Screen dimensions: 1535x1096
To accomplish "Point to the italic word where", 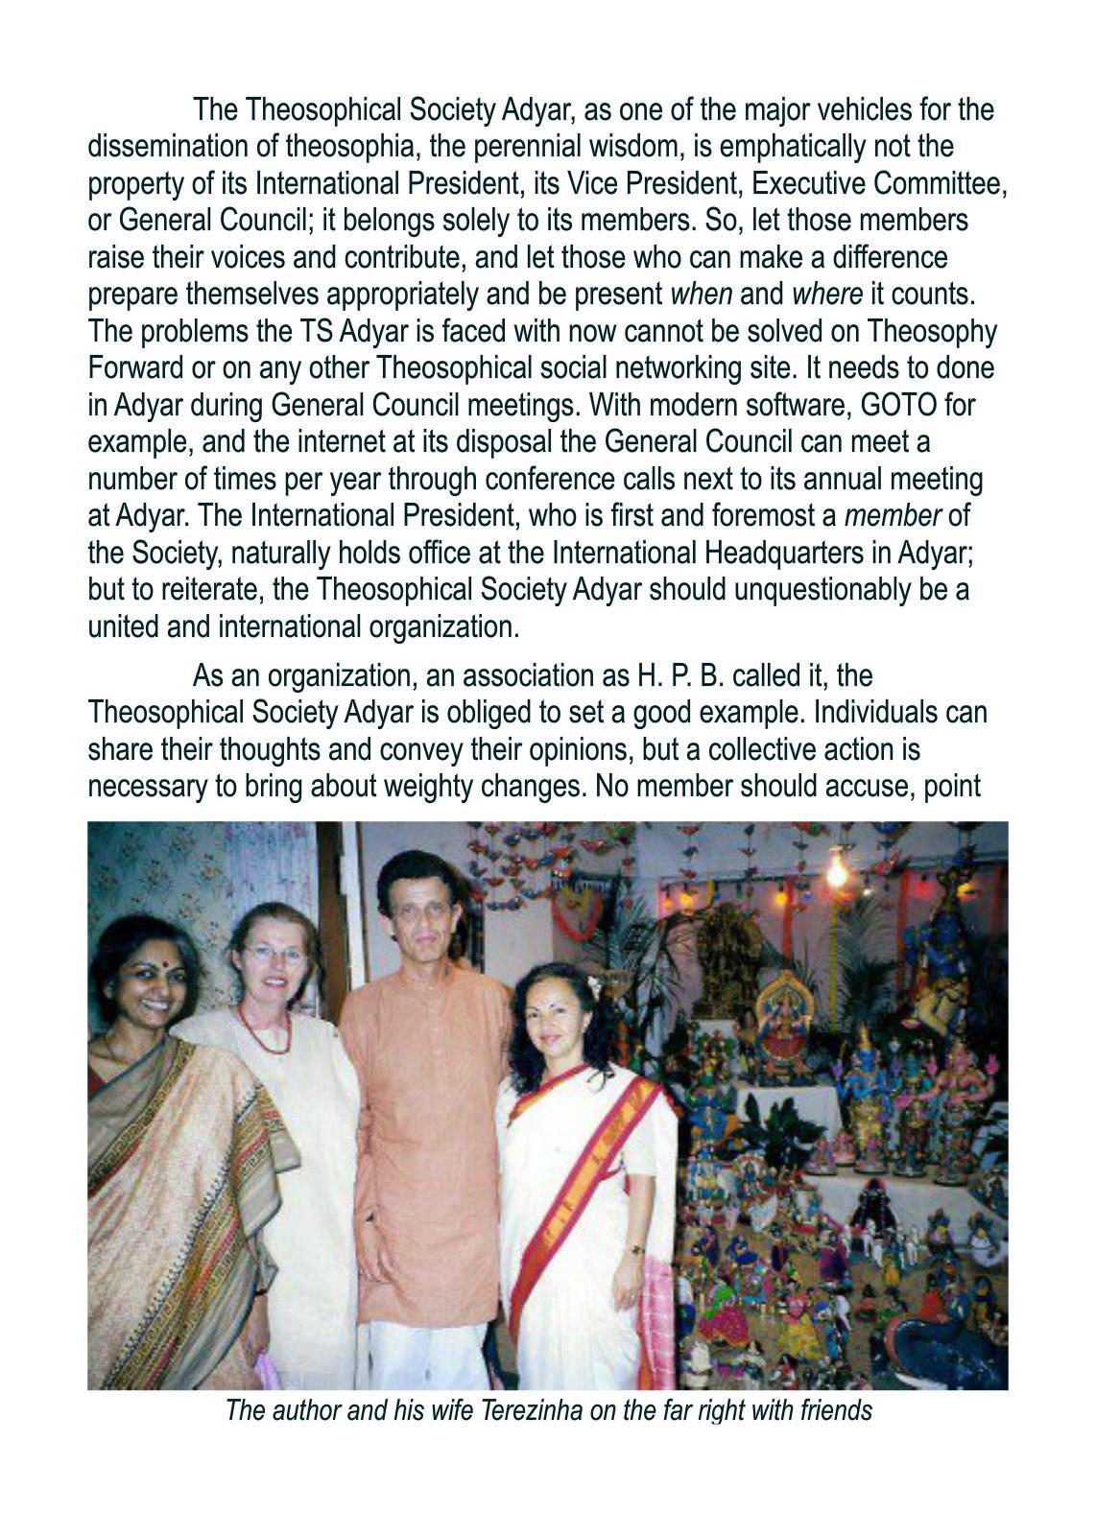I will click(x=826, y=294).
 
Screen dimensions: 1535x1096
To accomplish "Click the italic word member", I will click(x=892, y=515).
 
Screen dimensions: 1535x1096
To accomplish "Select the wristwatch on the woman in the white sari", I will click(x=635, y=1250).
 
